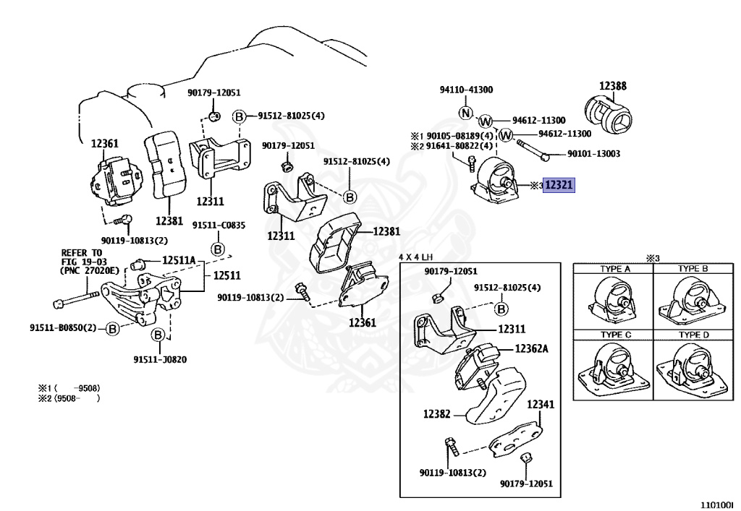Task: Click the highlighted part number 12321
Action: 559,186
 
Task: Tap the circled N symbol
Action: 466,113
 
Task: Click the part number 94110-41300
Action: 466,90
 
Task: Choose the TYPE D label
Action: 693,335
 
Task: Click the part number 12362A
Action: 531,348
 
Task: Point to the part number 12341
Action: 541,404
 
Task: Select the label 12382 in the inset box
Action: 437,415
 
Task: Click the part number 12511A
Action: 178,260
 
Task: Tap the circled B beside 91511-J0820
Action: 157,335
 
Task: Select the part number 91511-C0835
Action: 219,226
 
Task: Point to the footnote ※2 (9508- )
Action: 68,398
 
